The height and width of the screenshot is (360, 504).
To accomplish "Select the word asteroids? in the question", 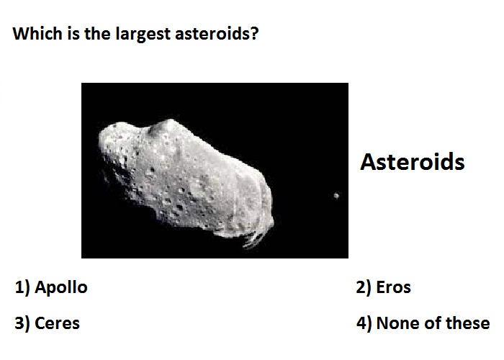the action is click(217, 34).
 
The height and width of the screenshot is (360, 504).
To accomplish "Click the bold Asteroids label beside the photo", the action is click(413, 162).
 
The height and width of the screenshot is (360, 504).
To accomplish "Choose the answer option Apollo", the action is click(61, 287).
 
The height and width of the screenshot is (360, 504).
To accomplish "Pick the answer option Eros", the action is click(393, 287).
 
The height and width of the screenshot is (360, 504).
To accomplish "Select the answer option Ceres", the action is click(57, 323).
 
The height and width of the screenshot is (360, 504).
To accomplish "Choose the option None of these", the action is click(433, 323).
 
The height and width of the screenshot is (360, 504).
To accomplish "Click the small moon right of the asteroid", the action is click(336, 195).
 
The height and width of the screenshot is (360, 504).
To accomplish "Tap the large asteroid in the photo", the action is click(186, 180).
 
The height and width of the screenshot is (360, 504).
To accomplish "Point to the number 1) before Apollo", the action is click(22, 287).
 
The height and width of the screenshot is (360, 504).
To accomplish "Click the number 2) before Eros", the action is click(364, 287).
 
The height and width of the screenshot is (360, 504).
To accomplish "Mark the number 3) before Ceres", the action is click(22, 323).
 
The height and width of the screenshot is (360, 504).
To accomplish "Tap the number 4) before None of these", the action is click(364, 323).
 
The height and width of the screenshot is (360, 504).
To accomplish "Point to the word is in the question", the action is click(73, 33).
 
